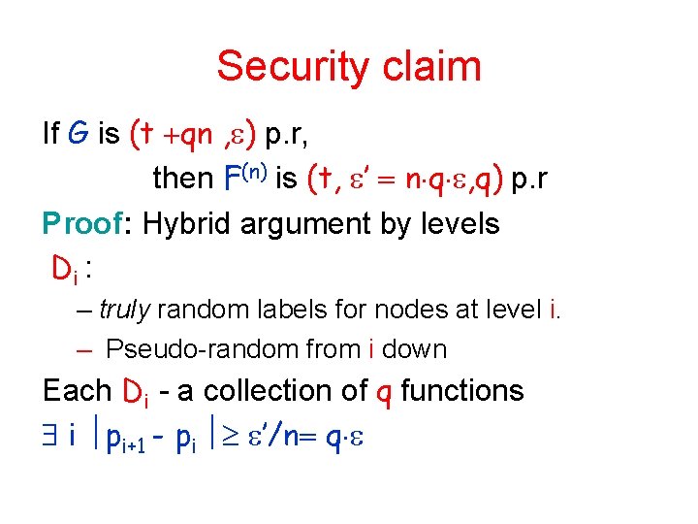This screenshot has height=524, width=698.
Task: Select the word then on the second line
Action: pos(182,178)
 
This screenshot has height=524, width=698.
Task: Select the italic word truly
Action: pos(124,311)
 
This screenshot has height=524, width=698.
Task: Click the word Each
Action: pos(77,391)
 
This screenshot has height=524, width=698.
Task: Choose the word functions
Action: pos(461,391)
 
